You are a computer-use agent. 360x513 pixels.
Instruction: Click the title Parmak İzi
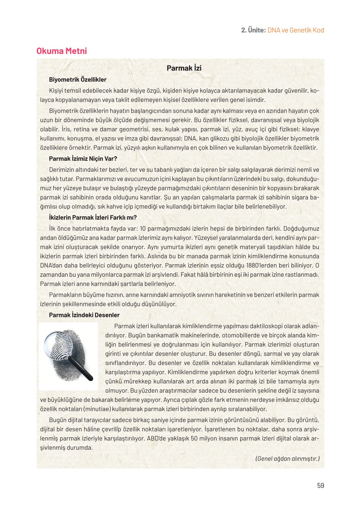[184, 68]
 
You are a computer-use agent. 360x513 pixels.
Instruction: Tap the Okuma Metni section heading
[62, 51]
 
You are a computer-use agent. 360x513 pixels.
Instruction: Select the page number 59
[320, 485]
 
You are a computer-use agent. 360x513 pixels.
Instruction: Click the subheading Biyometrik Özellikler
[78, 80]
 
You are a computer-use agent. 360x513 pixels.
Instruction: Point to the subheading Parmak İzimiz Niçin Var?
[83, 159]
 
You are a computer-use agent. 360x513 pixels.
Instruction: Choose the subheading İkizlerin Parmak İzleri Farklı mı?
[93, 218]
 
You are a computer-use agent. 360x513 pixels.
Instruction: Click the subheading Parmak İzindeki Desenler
[84, 315]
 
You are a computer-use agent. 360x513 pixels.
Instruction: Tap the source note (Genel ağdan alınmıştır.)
[287, 458]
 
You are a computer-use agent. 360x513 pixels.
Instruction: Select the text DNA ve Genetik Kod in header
[295, 30]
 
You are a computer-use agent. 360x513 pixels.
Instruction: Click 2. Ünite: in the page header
[253, 30]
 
